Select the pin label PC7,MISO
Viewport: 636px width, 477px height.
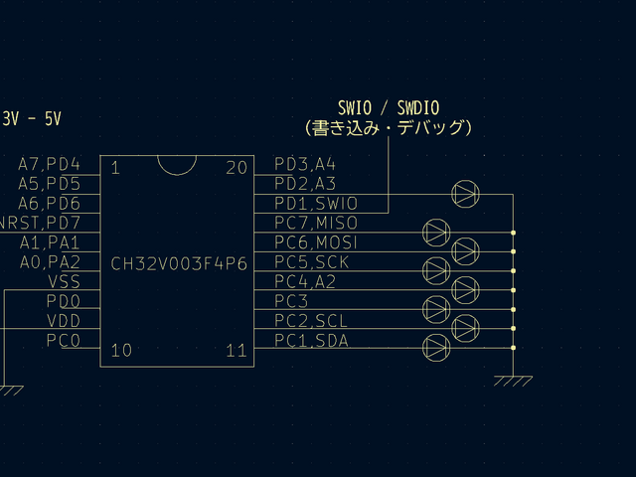[315, 224]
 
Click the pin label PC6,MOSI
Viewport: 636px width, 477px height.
[315, 242]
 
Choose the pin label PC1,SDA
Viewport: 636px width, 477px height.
[311, 341]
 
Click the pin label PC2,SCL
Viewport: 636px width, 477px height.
[311, 321]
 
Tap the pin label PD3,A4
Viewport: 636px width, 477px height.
[305, 165]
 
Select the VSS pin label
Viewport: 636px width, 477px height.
[64, 282]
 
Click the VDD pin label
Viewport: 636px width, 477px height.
[64, 321]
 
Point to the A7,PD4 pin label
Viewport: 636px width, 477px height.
[49, 165]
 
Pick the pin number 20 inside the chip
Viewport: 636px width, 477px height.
[236, 168]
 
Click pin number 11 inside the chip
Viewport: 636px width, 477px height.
[236, 350]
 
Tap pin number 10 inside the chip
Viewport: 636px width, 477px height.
[120, 350]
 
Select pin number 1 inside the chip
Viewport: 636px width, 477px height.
[114, 168]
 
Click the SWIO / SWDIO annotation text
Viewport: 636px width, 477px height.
[389, 107]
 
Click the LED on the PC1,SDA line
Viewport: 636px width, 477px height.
[436, 347]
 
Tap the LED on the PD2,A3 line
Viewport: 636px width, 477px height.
[465, 193]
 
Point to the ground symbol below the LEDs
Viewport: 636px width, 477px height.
[513, 381]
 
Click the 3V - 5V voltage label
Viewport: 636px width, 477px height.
[31, 119]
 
